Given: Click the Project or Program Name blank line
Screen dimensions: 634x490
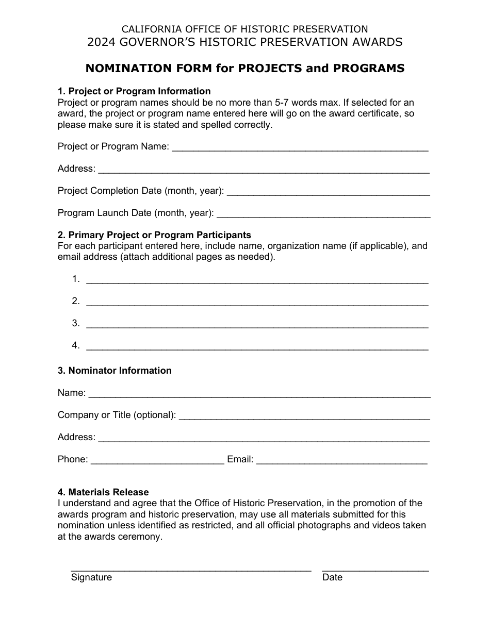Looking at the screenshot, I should (x=299, y=147).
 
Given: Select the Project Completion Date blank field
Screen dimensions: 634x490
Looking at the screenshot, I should (x=328, y=192).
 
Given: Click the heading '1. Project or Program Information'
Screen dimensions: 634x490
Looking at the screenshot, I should (x=134, y=91).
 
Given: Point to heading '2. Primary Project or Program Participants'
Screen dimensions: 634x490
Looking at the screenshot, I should (x=154, y=235).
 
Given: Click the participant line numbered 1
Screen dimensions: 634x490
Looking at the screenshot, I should (x=257, y=280).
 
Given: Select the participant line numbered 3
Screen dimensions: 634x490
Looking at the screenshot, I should (x=257, y=324).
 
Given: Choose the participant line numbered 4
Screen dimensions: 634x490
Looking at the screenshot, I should (x=257, y=346).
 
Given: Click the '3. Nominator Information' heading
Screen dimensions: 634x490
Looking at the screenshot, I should (x=115, y=371).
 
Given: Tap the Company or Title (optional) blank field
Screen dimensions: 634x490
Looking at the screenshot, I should (x=304, y=416).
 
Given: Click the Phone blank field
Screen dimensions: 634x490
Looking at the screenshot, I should (x=157, y=460).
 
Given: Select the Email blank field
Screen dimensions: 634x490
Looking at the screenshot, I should (x=341, y=460).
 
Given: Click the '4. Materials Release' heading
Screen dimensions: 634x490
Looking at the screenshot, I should (x=103, y=492).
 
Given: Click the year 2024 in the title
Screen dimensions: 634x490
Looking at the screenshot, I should (x=101, y=42).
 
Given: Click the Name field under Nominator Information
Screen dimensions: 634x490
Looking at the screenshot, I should (x=259, y=394).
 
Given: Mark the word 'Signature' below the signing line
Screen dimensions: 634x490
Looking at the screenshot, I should (x=91, y=577).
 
